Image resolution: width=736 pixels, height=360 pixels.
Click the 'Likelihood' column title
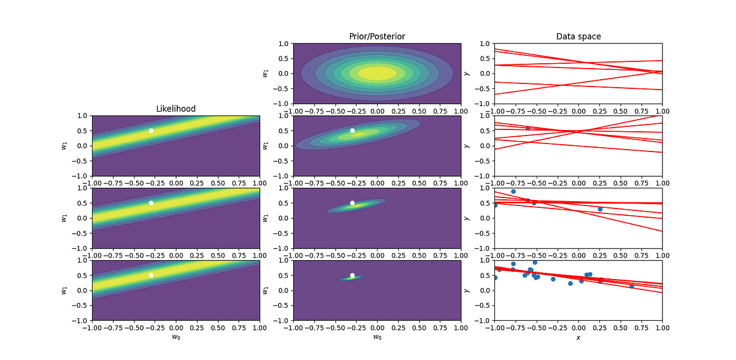175,109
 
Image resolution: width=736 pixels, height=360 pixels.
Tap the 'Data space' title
578,37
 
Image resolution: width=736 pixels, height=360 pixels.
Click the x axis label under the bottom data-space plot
578,338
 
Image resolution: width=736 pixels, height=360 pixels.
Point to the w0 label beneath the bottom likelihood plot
175,338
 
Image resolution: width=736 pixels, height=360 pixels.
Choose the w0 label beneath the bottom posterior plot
377,338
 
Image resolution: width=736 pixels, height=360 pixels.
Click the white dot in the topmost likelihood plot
151,131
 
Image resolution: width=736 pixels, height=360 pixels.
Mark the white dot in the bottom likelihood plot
151,275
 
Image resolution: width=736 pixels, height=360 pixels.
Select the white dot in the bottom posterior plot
352,275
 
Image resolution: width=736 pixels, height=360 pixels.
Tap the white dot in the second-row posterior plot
352,131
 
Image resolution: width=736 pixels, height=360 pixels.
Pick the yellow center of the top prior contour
377,73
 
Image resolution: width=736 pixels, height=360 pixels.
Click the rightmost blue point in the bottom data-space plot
632,286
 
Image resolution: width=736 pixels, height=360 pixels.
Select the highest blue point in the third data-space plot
513,191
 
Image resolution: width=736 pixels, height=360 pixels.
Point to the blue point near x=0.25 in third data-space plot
600,209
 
